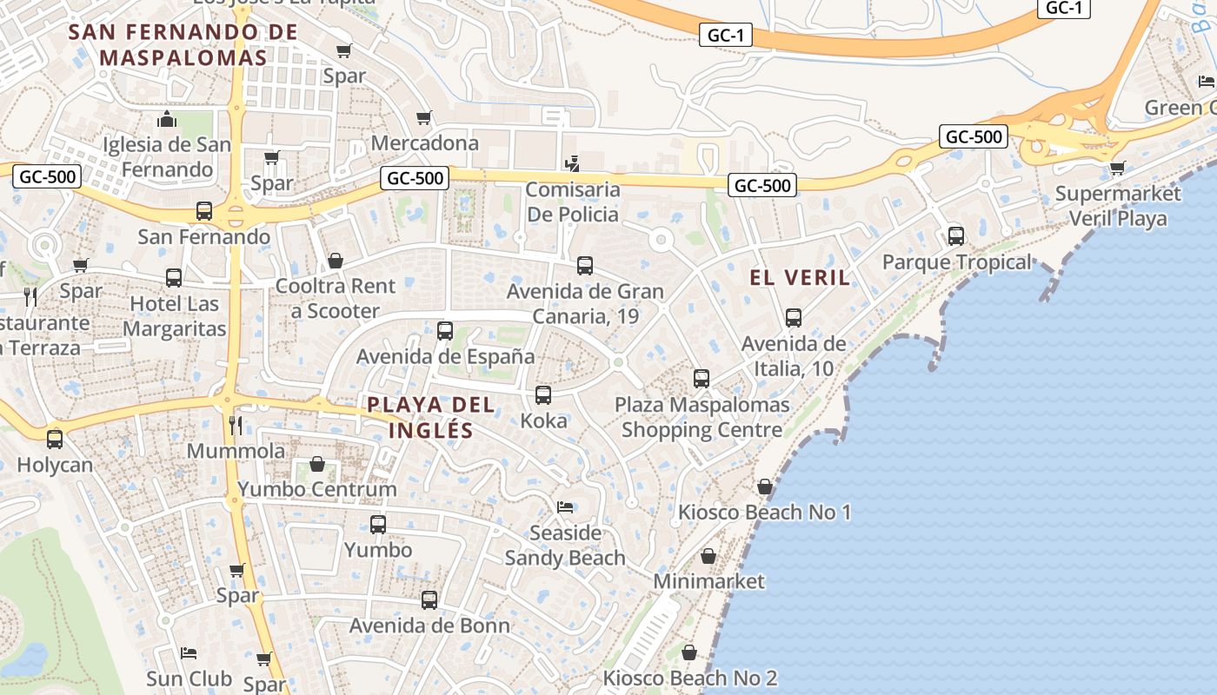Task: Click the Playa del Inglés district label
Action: [430, 417]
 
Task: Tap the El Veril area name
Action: [800, 277]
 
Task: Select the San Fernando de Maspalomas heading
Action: [183, 45]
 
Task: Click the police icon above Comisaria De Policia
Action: [571, 162]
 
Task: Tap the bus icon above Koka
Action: [543, 395]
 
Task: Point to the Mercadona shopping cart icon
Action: [424, 117]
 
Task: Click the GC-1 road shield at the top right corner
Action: [1064, 8]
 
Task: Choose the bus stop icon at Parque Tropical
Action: [956, 235]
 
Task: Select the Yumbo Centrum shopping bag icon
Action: [317, 464]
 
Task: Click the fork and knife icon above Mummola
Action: [235, 425]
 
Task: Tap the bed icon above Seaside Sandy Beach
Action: [565, 506]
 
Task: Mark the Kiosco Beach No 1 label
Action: [764, 512]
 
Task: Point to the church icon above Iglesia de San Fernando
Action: [166, 119]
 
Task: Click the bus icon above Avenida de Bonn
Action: [429, 599]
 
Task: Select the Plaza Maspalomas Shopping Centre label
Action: [702, 417]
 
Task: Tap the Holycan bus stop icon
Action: [55, 440]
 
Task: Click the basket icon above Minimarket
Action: [708, 556]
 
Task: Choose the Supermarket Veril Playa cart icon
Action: [1117, 168]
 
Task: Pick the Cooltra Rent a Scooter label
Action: [336, 298]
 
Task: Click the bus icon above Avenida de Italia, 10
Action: [794, 318]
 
